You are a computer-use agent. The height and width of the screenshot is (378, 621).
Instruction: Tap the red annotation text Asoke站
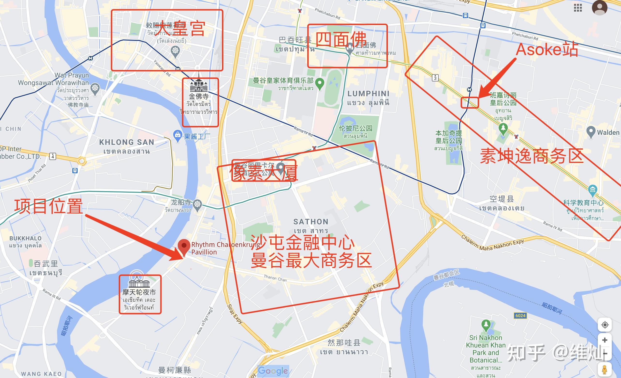click(547, 49)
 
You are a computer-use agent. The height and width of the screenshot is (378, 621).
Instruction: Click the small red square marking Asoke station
click(470, 103)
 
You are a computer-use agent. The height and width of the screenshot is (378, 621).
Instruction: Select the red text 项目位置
click(48, 206)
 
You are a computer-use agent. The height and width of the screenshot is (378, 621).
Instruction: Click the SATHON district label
click(311, 222)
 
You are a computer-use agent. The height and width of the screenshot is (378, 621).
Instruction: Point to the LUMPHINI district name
click(368, 94)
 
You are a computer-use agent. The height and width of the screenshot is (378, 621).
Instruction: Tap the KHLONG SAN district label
click(126, 142)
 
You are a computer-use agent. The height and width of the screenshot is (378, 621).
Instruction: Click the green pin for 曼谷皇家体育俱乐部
click(320, 83)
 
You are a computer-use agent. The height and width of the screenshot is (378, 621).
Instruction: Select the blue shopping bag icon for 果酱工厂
click(178, 135)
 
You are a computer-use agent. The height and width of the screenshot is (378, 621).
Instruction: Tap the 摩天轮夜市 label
click(139, 292)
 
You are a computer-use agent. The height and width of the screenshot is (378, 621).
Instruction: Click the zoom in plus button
click(605, 340)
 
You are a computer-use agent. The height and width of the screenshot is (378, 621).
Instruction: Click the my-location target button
click(605, 325)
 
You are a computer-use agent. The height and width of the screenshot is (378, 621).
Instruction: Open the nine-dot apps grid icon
click(578, 8)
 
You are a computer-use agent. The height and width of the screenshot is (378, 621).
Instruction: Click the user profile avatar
click(599, 7)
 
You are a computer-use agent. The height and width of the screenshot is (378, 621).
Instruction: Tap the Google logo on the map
click(273, 371)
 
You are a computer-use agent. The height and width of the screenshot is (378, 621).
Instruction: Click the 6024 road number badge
click(520, 316)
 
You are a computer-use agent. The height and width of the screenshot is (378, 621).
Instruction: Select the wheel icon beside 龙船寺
click(197, 204)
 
